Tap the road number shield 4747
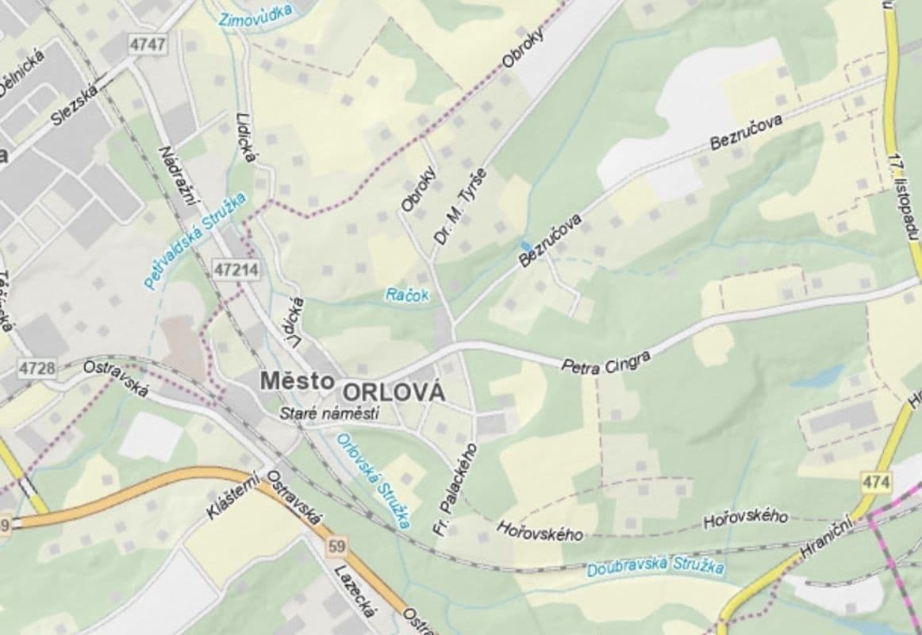[148, 44]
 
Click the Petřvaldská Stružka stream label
[196, 239]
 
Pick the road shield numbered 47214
[236, 270]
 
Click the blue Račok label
[407, 295]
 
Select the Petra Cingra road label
[605, 361]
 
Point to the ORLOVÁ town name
[394, 392]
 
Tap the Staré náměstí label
[329, 414]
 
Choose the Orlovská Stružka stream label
[374, 480]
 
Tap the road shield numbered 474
[875, 482]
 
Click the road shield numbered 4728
[37, 368]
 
